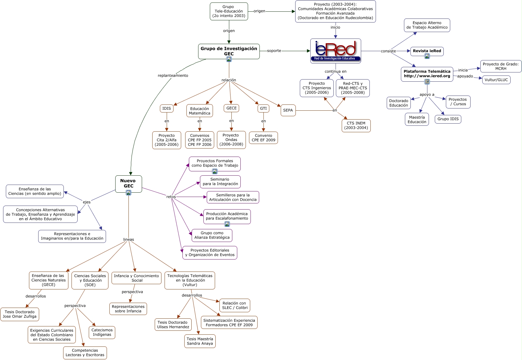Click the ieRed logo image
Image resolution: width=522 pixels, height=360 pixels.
point(336,51)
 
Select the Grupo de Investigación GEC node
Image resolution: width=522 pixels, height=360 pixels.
point(229,51)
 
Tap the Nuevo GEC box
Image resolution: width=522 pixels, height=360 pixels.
point(128,184)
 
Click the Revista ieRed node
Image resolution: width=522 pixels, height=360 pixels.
point(427,51)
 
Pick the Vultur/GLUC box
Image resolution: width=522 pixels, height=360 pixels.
point(496,80)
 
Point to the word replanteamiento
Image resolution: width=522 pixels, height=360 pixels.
point(173,76)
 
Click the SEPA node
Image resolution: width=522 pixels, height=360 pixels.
point(288,110)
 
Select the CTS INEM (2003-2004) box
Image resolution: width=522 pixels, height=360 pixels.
point(356,125)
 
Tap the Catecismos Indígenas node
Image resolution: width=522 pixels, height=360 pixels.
point(102,332)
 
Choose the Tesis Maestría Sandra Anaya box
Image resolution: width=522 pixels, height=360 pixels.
point(200,341)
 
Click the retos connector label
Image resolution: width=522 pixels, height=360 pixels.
point(171,197)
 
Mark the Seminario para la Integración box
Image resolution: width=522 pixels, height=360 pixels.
point(220,182)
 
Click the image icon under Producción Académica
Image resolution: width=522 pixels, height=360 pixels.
point(227,224)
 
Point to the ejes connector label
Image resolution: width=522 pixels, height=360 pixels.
point(87,202)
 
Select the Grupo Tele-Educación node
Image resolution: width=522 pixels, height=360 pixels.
point(229,11)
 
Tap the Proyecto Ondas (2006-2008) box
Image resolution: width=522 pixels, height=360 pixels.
point(231,140)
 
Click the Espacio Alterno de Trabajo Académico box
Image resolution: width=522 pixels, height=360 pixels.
point(427,25)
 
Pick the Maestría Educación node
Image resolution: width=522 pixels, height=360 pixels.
point(417,120)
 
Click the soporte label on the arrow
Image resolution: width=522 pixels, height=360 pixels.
point(274,51)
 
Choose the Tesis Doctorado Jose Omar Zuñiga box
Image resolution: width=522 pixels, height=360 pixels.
point(20,314)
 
